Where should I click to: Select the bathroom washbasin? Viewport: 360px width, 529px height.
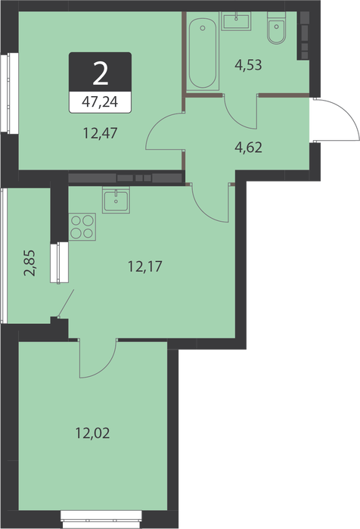coord(236,21)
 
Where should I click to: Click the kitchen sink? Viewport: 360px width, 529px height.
coord(116,200)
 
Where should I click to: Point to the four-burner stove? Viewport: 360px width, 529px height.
coord(82,227)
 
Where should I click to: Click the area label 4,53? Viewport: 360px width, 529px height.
coord(248,65)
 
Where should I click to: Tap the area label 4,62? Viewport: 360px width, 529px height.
coord(248,148)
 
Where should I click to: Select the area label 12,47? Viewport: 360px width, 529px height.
coord(100,133)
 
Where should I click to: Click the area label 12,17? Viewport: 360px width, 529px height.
coord(145,267)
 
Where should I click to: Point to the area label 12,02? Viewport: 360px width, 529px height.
coord(92,433)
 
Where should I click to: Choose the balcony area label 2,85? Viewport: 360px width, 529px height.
coord(29,263)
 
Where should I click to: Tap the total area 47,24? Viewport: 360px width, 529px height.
coord(100,101)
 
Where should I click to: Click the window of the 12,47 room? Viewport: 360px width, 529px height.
coord(9,92)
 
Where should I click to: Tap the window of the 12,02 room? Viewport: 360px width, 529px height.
coord(101,520)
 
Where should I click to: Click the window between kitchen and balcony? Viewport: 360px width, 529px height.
coord(59,263)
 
